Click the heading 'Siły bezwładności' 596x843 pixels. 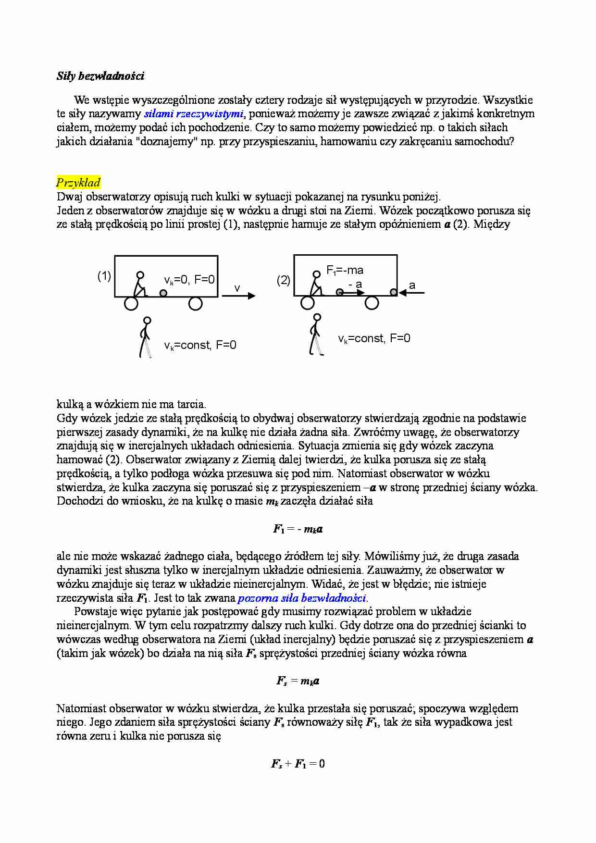coord(100,76)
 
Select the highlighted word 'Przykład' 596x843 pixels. coord(78,183)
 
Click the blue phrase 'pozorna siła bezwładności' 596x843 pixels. coord(302,598)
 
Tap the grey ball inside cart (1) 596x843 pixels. coord(163,293)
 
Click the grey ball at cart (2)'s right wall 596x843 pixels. coord(394,292)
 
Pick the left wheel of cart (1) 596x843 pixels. coord(131,303)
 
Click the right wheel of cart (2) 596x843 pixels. coord(372,303)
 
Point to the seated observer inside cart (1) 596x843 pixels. coord(139,284)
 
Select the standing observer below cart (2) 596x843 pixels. coord(315,335)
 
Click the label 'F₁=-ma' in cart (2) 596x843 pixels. coord(345,271)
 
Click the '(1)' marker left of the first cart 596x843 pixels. coord(104,276)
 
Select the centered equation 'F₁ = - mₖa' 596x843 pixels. coord(298,529)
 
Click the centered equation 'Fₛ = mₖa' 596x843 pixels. coord(298,681)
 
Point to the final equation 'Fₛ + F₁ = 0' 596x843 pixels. coord(298,764)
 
